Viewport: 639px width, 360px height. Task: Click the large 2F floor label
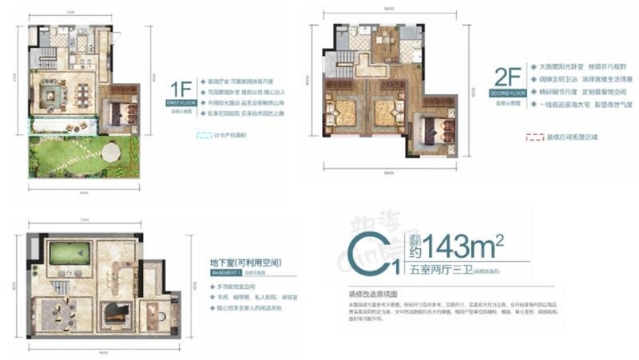click(x=509, y=77)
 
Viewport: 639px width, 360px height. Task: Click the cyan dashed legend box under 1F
click(x=183, y=136)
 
